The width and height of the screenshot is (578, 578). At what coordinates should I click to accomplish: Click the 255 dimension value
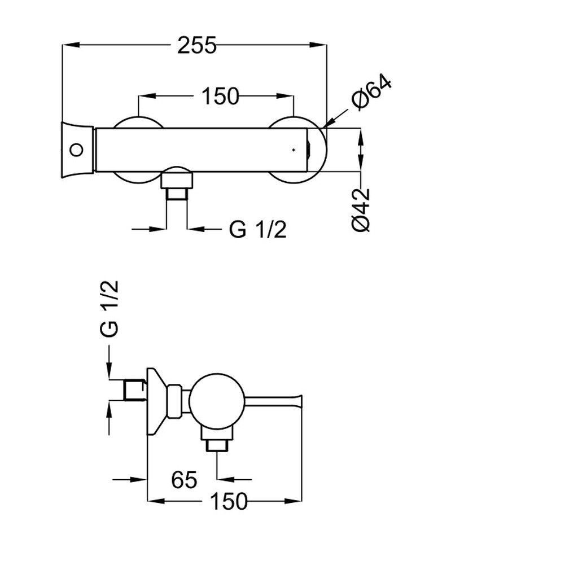pyautogui.click(x=197, y=45)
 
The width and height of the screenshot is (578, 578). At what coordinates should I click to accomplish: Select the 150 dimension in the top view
pyautogui.click(x=221, y=96)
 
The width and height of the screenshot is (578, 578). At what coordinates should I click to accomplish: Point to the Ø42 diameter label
pyautogui.click(x=361, y=210)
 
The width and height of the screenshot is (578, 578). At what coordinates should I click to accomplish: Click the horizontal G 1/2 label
pyautogui.click(x=257, y=229)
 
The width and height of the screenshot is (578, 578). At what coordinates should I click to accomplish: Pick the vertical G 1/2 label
pyautogui.click(x=109, y=308)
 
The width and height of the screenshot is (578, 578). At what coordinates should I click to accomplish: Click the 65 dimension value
pyautogui.click(x=184, y=480)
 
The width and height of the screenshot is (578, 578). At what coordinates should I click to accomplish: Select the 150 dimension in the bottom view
pyautogui.click(x=229, y=501)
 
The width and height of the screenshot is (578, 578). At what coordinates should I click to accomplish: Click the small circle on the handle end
pyautogui.click(x=77, y=150)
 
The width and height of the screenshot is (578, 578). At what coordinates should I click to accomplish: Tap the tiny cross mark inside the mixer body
pyautogui.click(x=294, y=150)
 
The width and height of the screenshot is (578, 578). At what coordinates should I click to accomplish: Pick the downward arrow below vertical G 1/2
pyautogui.click(x=109, y=362)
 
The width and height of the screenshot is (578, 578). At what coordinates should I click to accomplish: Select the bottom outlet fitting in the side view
pyautogui.click(x=217, y=438)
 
